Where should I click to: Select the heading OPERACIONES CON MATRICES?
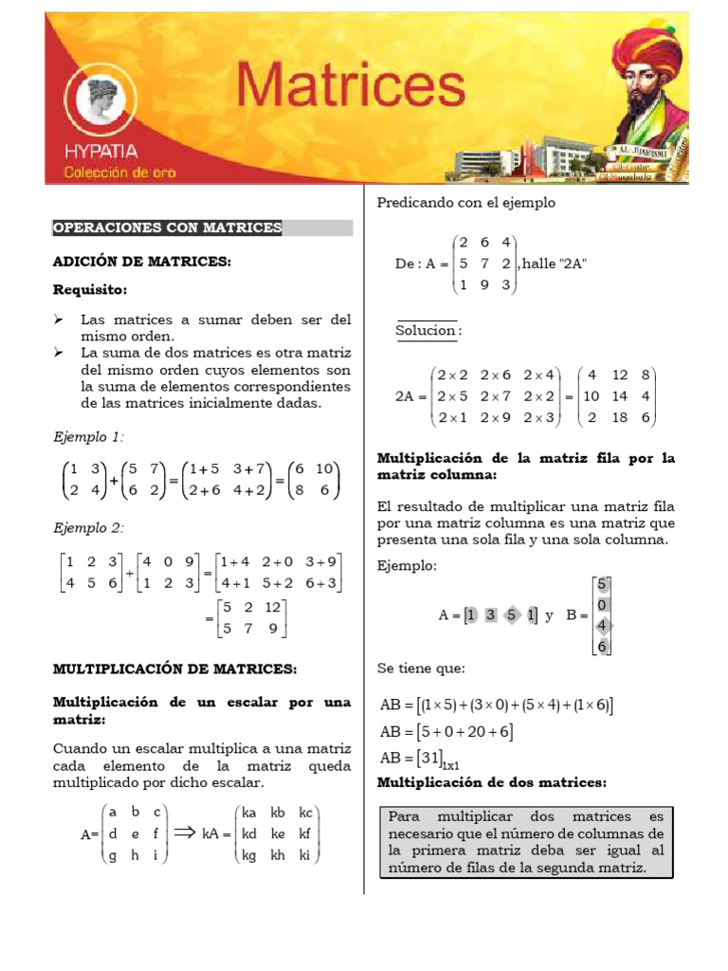[168, 228]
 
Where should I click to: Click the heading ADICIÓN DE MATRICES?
[141, 261]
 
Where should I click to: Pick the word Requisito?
[90, 289]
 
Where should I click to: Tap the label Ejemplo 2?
[87, 528]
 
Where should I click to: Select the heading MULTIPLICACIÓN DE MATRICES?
[174, 669]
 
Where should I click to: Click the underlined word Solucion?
[428, 330]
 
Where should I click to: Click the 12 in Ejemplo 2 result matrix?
[273, 606]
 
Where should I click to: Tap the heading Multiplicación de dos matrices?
[492, 782]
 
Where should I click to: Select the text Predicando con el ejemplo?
[465, 202]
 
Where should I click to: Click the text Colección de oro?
[119, 172]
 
